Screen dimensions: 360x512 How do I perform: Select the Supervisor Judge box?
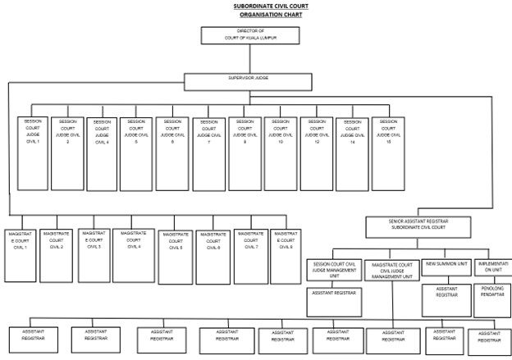pyautogui.click(x=248, y=82)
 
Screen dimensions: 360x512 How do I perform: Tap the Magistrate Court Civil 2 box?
pyautogui.click(x=57, y=254)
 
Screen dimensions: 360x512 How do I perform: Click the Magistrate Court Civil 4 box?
pyautogui.click(x=134, y=254)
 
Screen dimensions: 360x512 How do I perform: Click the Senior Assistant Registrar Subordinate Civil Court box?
pyautogui.click(x=418, y=226)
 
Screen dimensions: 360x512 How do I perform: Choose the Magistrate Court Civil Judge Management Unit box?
pyautogui.click(x=391, y=271)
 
